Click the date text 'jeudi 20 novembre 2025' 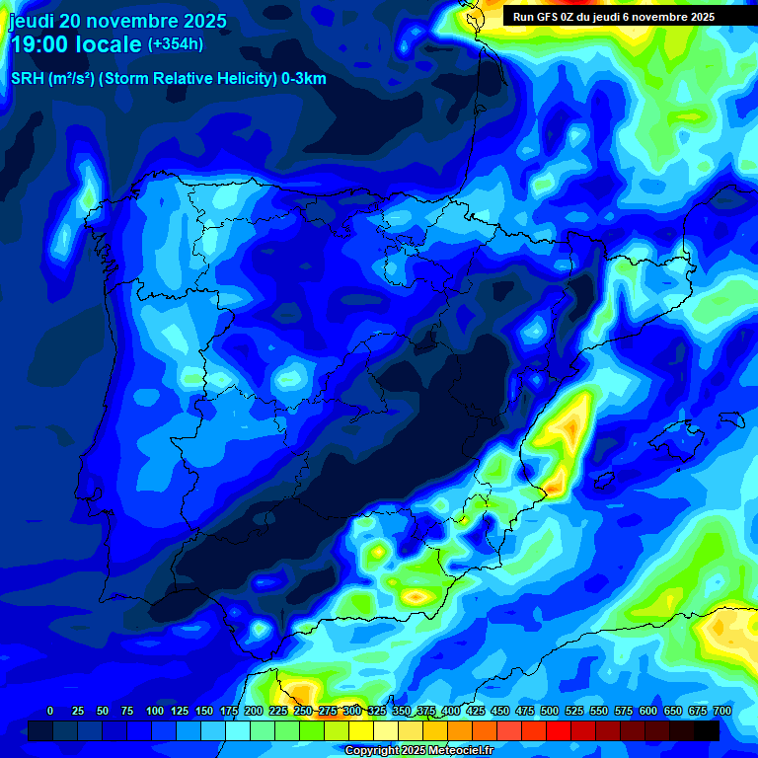pos(117,21)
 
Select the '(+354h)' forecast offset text pos(176,44)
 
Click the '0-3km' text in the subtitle pos(304,79)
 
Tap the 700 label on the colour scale pos(721,711)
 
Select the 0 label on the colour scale pos(50,711)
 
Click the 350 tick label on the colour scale pos(402,711)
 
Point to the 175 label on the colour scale pos(228,711)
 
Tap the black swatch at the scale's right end pos(707,730)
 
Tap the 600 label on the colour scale pos(648,711)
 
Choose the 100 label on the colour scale pos(154,711)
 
